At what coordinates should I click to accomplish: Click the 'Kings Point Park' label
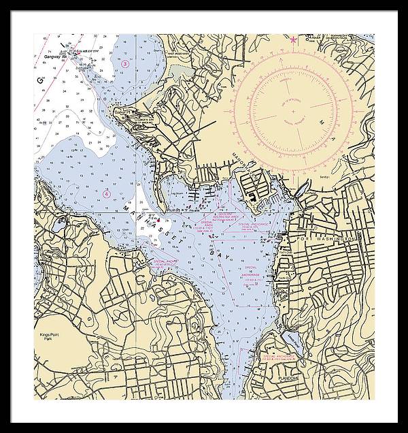(49, 338)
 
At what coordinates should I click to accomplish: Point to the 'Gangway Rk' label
(52, 57)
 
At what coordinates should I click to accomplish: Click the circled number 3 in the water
(126, 63)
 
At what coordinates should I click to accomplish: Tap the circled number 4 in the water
(106, 193)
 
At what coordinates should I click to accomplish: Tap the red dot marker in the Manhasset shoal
(158, 221)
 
